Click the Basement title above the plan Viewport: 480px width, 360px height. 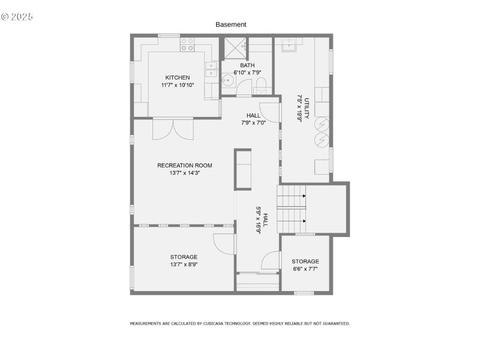pos(231,25)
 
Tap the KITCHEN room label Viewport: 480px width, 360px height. pos(178,77)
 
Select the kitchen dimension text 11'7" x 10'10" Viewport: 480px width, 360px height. pos(178,85)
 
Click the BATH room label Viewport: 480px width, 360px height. pos(247,65)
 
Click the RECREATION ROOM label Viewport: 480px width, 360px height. pos(185,166)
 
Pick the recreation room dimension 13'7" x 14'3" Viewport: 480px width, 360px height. pos(185,173)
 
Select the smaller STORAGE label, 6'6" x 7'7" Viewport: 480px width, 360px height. pos(305,262)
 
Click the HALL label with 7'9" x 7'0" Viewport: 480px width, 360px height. pos(253,115)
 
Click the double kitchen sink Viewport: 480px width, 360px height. pos(212,70)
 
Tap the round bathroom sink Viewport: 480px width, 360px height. pos(229,80)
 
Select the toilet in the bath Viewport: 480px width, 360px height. pos(260,85)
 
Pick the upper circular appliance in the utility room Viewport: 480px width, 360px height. pos(322,124)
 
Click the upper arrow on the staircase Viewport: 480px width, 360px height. pos(304,196)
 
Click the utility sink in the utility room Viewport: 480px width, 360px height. pos(291,44)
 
